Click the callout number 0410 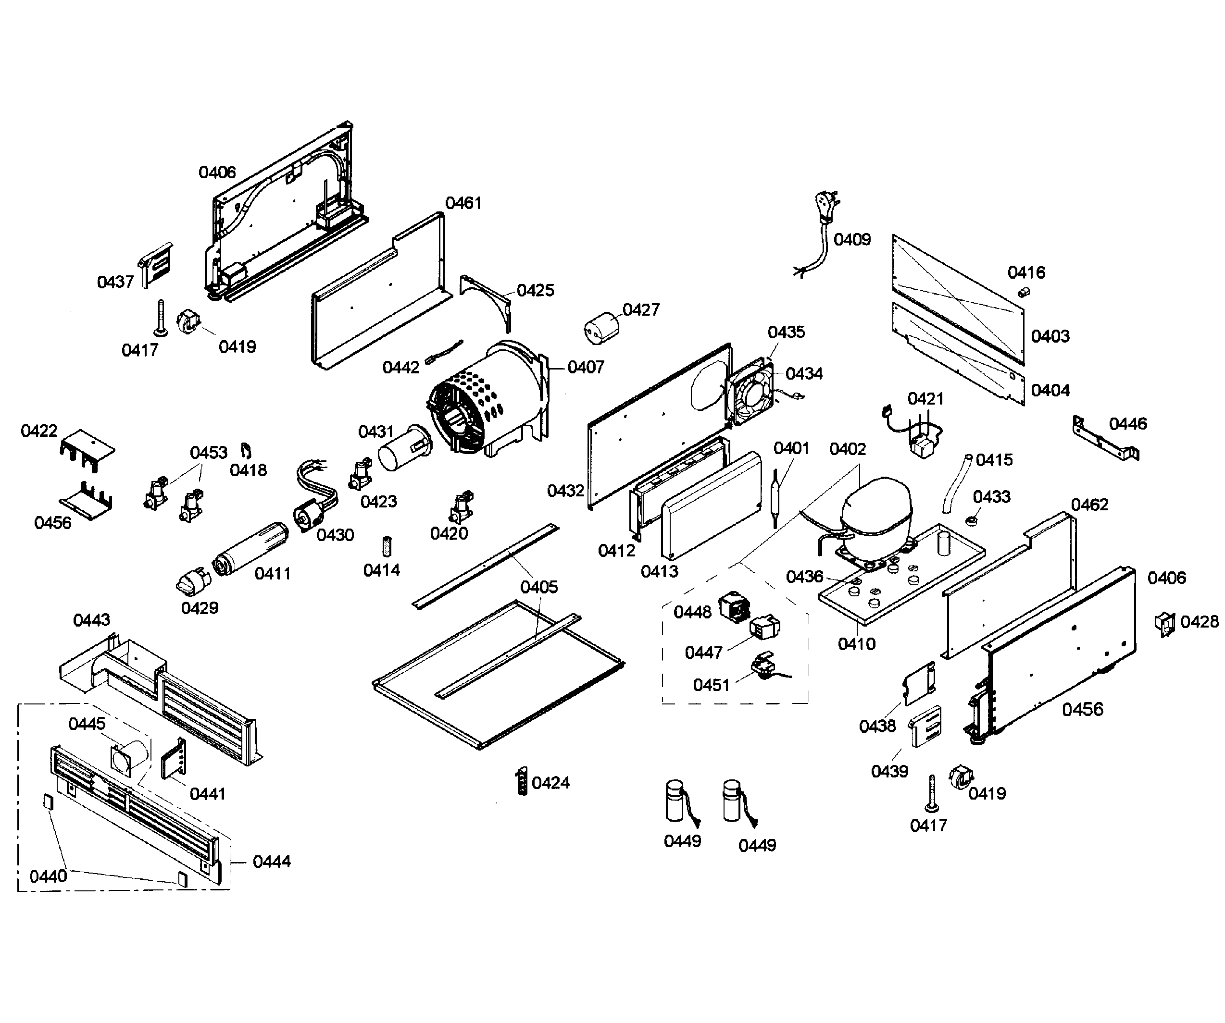click(856, 643)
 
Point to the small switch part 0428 click(1164, 624)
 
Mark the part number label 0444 click(271, 861)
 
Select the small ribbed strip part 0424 click(522, 782)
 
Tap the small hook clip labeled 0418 click(246, 450)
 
